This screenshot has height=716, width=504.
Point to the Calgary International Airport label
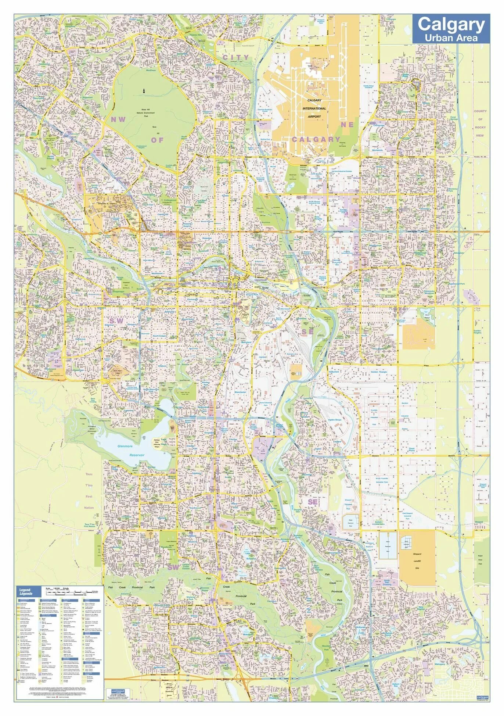point(314,108)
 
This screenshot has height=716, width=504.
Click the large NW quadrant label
point(118,119)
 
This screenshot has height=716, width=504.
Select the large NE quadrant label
point(347,125)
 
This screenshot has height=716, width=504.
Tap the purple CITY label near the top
point(235,57)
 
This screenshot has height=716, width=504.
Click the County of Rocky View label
point(480,123)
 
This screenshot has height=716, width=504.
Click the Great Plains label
point(412,449)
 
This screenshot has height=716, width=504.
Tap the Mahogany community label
point(440,664)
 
